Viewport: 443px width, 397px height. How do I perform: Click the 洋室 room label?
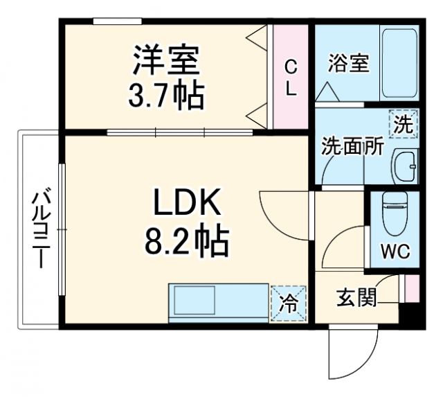point(165,60)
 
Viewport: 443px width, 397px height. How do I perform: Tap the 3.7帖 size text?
point(165,95)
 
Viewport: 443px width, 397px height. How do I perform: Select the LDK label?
point(186,206)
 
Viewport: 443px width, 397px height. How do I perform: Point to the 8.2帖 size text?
point(186,242)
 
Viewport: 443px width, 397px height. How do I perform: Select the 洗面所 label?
point(352,148)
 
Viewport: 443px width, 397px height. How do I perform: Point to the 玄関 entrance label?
point(356,299)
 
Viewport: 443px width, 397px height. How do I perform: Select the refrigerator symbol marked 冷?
point(287,303)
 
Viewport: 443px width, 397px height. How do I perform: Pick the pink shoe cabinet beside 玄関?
point(412,288)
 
